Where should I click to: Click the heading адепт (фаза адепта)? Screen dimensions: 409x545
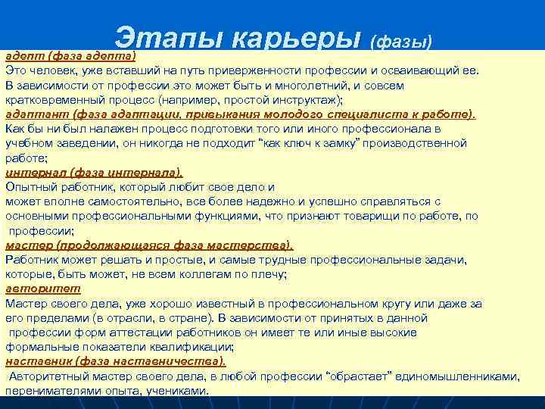[x=70, y=56]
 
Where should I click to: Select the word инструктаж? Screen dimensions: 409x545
[x=309, y=100]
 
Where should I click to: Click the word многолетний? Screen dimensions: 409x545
[x=290, y=86]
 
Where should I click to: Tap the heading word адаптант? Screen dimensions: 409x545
[x=31, y=114]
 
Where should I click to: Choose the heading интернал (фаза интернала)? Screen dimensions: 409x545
[x=94, y=172]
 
